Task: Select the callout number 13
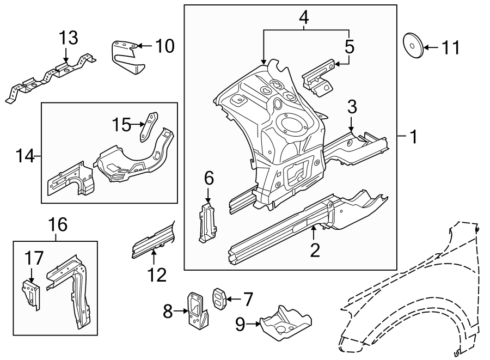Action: (x=69, y=38)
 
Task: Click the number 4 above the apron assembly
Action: (x=304, y=17)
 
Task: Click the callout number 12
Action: (x=157, y=275)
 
